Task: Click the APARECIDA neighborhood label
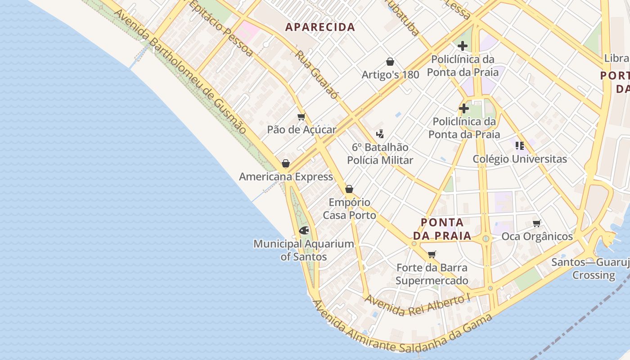coord(320,27)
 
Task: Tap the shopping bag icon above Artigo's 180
coord(390,62)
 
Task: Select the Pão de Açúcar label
coord(301,130)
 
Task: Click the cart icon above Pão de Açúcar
coord(301,117)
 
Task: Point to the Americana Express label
coord(286,176)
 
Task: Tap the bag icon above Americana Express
coord(285,163)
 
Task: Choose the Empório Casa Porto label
coord(349,209)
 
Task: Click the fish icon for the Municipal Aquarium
coord(304,231)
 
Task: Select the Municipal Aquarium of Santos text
coord(304,250)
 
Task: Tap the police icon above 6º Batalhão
coord(380,134)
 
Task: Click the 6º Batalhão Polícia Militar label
coord(380,153)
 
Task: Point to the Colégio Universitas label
coord(520,159)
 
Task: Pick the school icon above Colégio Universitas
coord(520,146)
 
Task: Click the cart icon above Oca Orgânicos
coord(536,224)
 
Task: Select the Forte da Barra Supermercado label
coord(432,274)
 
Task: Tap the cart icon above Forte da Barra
coord(432,255)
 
